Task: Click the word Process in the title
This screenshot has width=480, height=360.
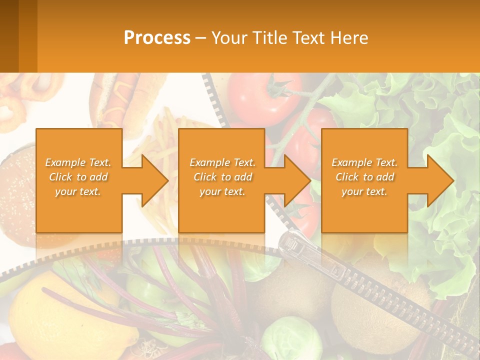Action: pyautogui.click(x=157, y=37)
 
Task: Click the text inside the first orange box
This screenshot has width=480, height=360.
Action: pyautogui.click(x=78, y=177)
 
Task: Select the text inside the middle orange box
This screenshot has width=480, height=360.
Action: pyautogui.click(x=222, y=177)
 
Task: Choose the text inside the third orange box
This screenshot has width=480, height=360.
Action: pyautogui.click(x=364, y=177)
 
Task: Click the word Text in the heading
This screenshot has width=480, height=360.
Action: pyautogui.click(x=307, y=37)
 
